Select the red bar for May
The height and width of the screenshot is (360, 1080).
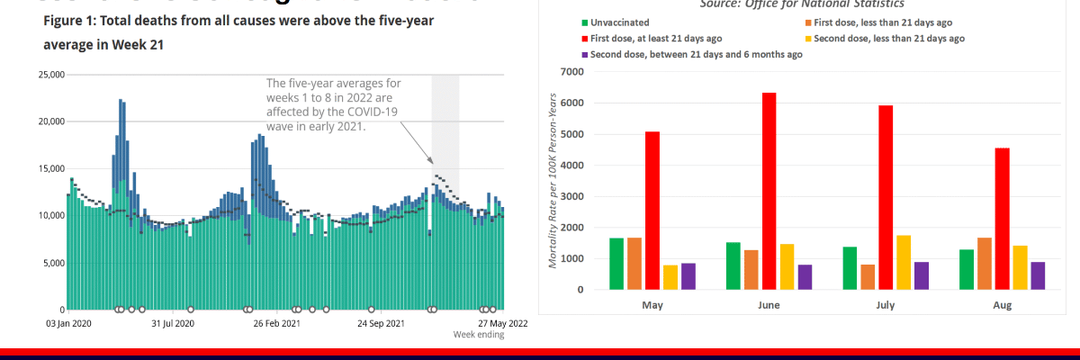[652, 211]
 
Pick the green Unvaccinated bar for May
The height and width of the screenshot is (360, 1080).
[616, 264]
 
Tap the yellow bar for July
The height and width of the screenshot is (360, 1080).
[904, 262]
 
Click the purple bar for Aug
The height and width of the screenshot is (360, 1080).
[1038, 275]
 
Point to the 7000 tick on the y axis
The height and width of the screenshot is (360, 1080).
[571, 72]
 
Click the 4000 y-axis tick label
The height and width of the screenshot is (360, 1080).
[571, 166]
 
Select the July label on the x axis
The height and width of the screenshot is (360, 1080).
[886, 306]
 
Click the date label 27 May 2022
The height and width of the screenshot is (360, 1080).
[503, 323]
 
